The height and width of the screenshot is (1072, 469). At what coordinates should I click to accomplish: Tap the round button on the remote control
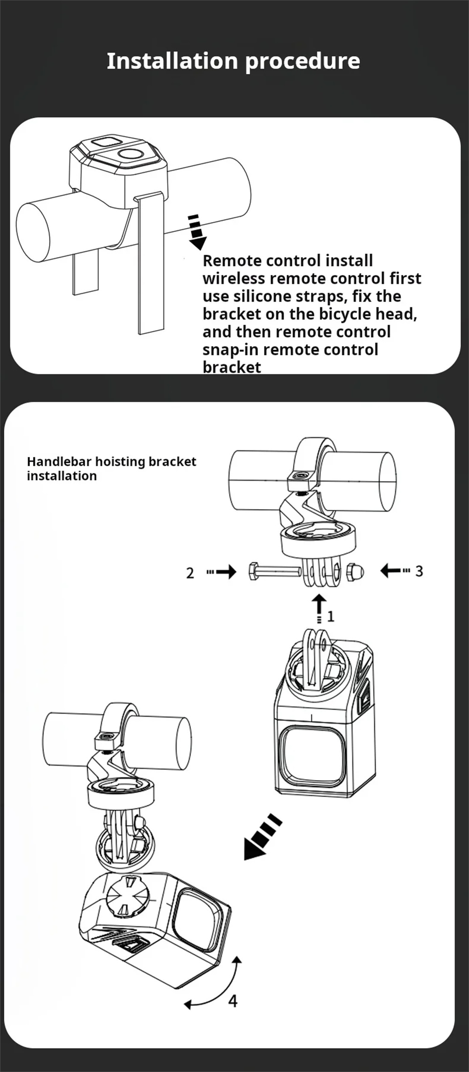coord(129,154)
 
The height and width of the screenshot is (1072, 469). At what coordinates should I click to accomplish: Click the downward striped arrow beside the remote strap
coord(197,232)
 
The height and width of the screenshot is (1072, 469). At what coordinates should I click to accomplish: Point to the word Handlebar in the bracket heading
coord(60,462)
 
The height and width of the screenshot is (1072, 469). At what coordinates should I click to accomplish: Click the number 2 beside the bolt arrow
coord(190,573)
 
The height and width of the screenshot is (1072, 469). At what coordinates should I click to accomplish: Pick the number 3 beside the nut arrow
coord(419,571)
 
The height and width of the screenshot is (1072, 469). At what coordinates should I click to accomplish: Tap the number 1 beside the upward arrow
coord(331,616)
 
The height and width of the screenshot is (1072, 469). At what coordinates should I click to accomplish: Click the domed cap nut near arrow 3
coord(355,572)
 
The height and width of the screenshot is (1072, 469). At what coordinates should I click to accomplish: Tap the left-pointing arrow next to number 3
coord(394,571)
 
